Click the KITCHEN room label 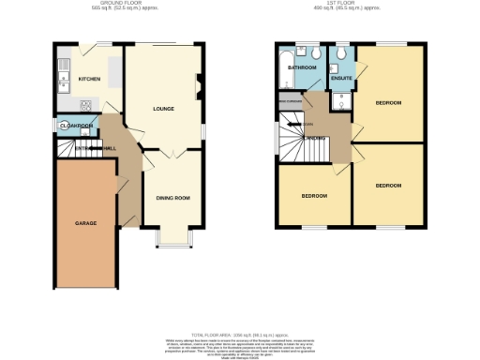point(89,80)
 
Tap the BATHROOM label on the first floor point(302,68)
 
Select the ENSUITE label point(342,79)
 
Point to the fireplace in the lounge point(198,87)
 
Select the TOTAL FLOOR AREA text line point(240,334)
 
